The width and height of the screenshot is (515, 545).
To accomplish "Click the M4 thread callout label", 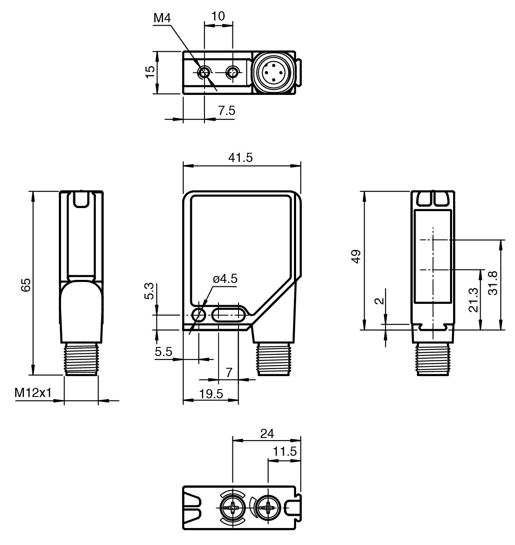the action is pos(162,18).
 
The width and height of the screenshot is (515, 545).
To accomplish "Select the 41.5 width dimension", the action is pos(240,158).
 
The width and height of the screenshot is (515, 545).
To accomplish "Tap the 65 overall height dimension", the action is pos(26,285).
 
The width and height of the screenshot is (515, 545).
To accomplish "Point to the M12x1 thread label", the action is pos(33,393).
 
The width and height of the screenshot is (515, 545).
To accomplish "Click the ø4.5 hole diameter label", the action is pos(225,279).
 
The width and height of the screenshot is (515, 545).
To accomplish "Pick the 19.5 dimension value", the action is pos(211,394).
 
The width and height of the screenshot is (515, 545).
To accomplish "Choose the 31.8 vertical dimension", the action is pos(493,283).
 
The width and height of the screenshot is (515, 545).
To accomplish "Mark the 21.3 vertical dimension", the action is pos(473,300).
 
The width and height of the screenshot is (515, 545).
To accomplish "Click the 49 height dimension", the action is pos(356,256).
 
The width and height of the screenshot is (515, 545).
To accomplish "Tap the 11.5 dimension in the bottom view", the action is pos(285,451).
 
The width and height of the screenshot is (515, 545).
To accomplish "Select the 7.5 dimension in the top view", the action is pos(227,111).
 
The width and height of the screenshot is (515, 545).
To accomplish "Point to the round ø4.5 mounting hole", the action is pos(198,315).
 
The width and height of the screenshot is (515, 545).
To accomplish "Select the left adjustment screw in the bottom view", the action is pos(232,508).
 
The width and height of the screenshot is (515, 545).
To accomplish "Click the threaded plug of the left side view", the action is pos(81,359).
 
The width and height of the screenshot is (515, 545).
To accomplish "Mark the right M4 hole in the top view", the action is pos(232,73).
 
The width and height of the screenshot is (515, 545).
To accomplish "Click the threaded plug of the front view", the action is pos(273,359).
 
